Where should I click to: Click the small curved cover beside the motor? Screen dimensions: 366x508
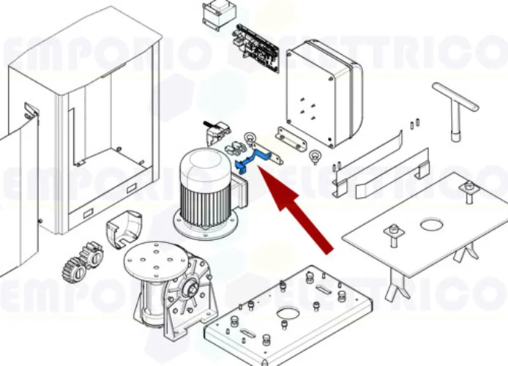tap(124, 228)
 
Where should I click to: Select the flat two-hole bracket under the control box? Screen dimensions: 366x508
tap(292, 136)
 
